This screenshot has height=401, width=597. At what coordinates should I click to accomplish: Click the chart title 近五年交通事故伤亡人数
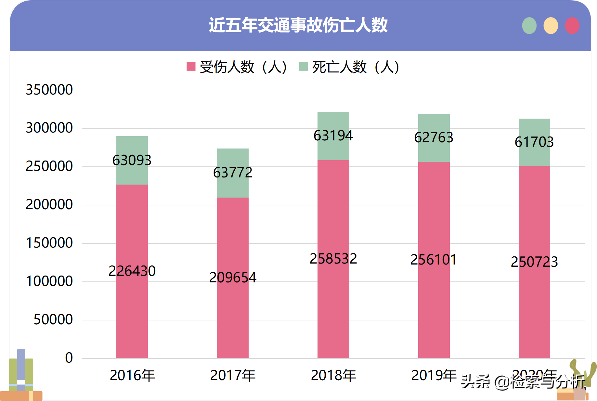tap(298, 25)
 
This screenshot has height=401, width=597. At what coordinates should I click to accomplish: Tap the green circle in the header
tap(529, 26)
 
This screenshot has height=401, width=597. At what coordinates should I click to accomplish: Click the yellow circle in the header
tap(551, 26)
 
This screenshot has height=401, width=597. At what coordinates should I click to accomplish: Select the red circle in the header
tap(572, 26)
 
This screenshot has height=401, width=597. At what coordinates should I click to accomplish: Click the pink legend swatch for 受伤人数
tap(191, 66)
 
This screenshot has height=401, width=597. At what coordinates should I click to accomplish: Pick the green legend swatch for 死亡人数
tap(303, 66)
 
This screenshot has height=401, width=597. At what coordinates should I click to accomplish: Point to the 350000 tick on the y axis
tap(49, 90)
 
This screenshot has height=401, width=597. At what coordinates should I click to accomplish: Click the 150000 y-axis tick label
tap(49, 243)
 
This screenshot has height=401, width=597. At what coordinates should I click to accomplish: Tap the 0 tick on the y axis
tap(69, 358)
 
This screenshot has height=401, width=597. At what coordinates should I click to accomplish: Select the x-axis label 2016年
tap(132, 375)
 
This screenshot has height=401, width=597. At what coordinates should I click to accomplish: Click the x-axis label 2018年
tap(333, 375)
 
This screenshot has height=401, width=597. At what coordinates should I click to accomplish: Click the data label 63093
tap(132, 160)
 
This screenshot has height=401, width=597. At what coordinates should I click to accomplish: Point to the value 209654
tap(233, 278)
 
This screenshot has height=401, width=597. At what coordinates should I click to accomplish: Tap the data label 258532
tap(333, 259)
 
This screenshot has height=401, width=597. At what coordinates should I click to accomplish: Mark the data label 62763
tap(434, 137)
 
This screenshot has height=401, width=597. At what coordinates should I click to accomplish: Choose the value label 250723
tap(534, 262)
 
